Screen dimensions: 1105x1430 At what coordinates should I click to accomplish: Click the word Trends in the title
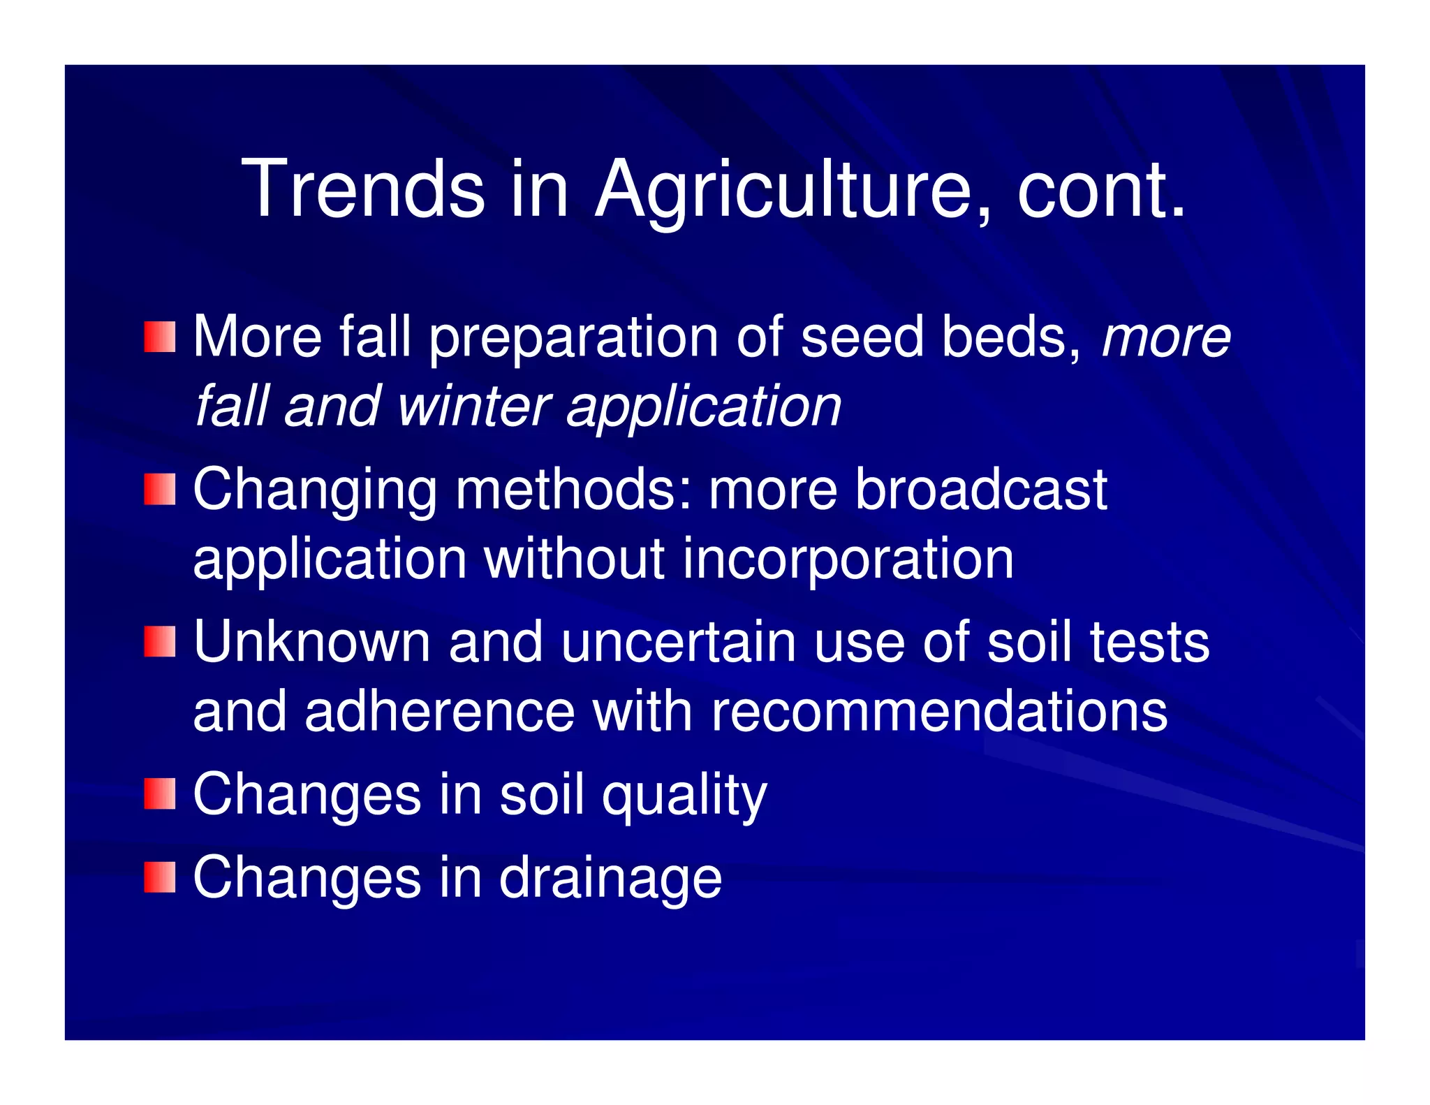363,189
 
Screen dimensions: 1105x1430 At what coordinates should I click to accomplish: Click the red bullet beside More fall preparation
159,337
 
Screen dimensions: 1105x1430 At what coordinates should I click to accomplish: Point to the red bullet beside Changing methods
159,489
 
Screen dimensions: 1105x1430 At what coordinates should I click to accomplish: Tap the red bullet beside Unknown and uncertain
159,641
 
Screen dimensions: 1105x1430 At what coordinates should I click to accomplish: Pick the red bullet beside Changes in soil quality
159,794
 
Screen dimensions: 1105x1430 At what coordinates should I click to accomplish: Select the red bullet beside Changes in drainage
159,877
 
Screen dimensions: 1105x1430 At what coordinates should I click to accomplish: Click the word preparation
573,339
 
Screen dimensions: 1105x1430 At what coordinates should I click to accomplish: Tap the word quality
684,796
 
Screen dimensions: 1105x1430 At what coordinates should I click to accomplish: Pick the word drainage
610,879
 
